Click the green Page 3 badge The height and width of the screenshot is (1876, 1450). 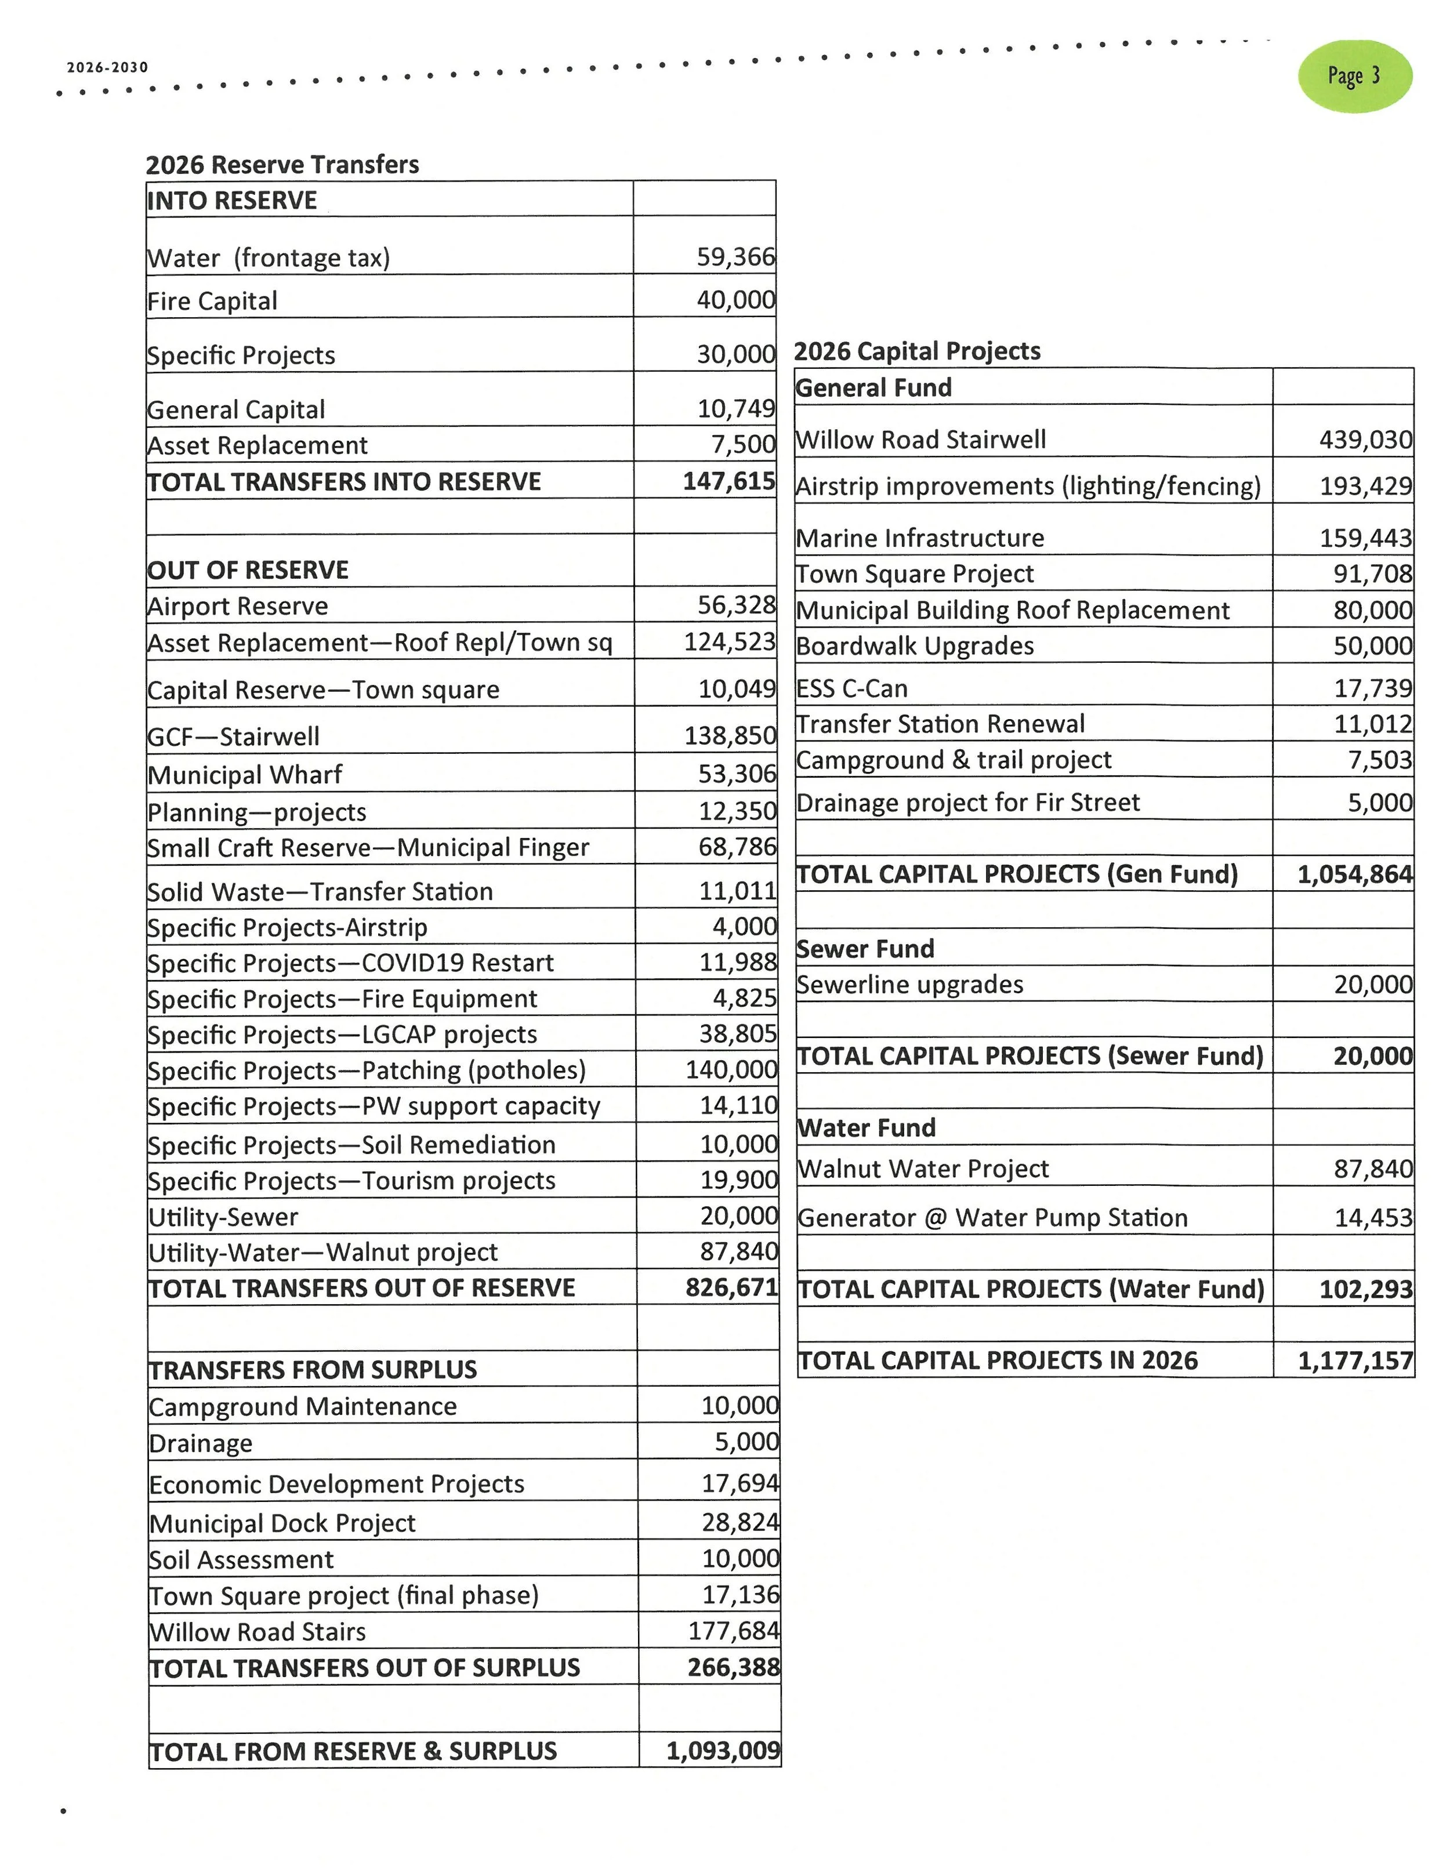point(1354,77)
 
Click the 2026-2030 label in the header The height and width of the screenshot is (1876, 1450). point(107,68)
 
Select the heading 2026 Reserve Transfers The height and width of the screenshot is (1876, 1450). point(282,164)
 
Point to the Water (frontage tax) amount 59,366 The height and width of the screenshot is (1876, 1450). point(735,257)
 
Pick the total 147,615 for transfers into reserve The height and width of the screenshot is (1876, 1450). point(728,481)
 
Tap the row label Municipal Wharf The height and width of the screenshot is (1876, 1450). point(245,775)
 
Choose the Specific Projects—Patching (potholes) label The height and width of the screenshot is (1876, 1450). point(367,1071)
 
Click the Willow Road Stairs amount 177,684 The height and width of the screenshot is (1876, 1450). point(734,1630)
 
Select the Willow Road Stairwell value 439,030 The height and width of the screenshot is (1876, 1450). point(1365,440)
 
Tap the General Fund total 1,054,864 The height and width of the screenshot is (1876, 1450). point(1354,875)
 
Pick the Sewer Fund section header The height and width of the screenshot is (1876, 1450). point(865,948)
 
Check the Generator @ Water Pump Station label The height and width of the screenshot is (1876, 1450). point(992,1218)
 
